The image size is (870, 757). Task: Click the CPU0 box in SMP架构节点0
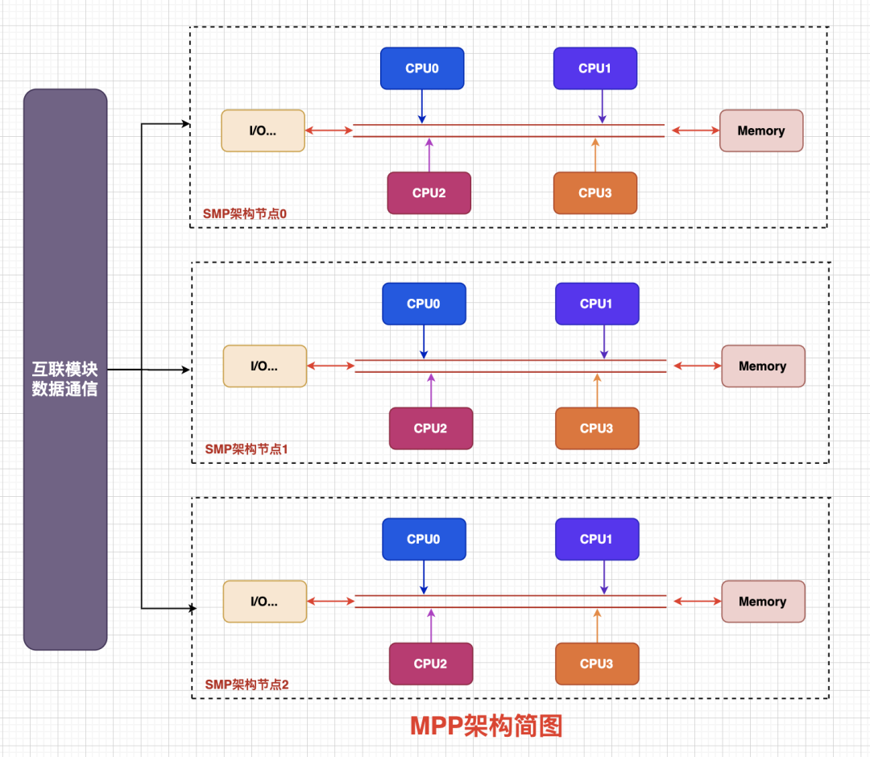422,68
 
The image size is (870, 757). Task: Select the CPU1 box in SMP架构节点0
595,68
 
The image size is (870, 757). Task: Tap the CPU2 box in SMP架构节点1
430,428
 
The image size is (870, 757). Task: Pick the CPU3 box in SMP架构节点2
597,664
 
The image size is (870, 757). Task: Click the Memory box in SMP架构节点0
761,130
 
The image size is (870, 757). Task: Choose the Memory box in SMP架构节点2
763,602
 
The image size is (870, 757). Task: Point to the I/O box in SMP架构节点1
265,366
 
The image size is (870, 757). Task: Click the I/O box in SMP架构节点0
263,130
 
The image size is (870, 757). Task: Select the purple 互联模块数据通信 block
65,369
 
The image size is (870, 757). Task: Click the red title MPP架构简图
486,726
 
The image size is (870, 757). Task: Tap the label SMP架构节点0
244,214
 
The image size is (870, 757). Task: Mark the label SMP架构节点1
246,449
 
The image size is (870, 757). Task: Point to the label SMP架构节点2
246,685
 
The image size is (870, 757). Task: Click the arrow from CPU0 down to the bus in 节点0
422,106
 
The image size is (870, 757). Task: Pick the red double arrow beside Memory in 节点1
698,366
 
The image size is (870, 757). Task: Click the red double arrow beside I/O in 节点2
330,602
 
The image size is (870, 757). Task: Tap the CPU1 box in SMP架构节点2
597,539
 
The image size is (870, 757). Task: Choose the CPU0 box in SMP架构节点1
424,304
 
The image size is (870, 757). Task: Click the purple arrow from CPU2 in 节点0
429,155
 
